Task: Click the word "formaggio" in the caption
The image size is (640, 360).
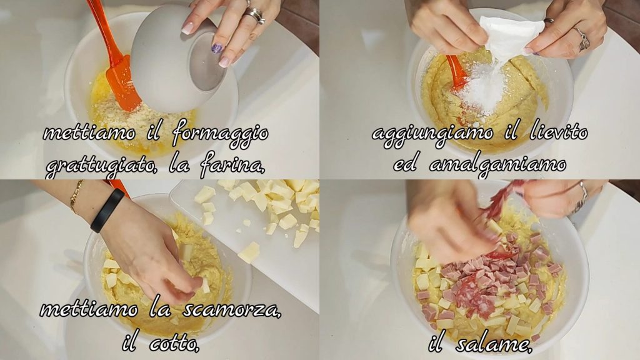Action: [221, 134]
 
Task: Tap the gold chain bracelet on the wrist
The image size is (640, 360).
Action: [76, 197]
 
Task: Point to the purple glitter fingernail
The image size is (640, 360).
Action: [217, 49]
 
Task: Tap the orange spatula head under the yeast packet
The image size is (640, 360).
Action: [457, 72]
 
